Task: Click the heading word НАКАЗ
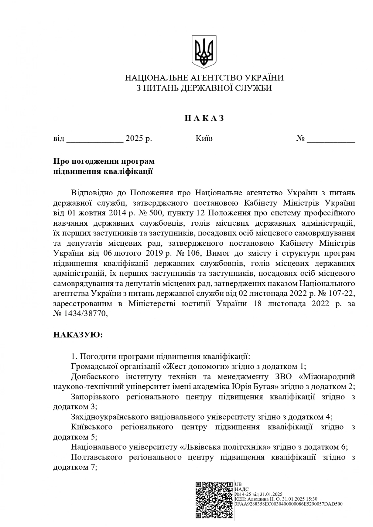click(204, 118)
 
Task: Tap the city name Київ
click(204, 138)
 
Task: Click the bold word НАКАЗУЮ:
click(78, 335)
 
